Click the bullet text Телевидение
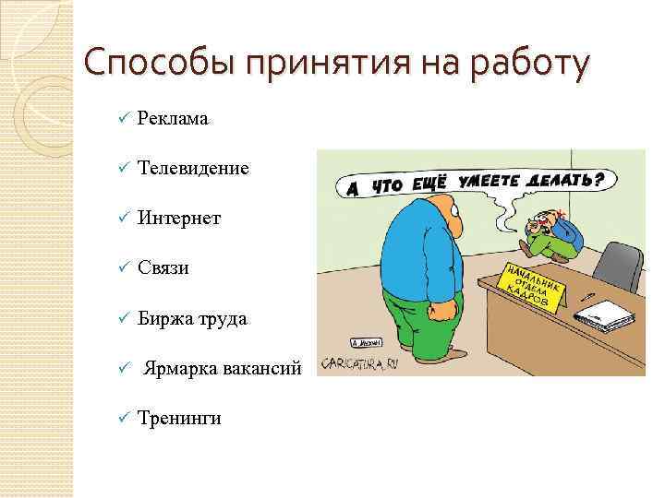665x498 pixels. tap(193, 168)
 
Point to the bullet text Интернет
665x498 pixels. tap(179, 218)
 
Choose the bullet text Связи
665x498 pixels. tap(163, 267)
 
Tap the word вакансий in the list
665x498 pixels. tap(261, 368)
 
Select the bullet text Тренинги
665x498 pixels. tap(179, 418)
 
